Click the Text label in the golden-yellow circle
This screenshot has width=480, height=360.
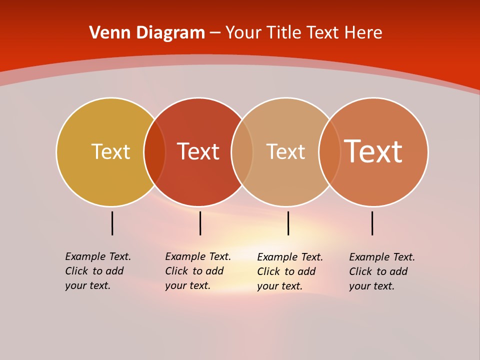110,151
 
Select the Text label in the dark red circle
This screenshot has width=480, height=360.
198,151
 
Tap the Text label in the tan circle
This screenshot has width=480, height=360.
285,151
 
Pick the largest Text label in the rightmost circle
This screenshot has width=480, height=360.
373,151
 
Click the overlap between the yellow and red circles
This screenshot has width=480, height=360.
154,152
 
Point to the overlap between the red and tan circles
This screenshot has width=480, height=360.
242,152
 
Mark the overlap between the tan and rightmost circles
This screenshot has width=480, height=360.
329,152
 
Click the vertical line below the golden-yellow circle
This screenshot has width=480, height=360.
112,223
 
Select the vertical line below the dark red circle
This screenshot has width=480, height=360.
200,223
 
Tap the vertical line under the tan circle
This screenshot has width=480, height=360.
288,223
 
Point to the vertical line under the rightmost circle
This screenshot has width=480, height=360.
372,223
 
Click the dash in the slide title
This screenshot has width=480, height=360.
215,33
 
